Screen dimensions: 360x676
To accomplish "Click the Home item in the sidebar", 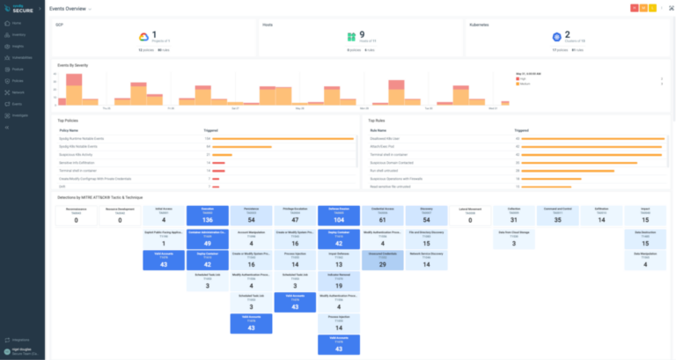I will [x=17, y=22].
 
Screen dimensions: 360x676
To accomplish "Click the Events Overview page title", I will [x=68, y=8].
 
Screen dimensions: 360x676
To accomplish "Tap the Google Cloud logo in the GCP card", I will [x=143, y=37].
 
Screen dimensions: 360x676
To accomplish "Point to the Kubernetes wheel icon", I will [x=556, y=37].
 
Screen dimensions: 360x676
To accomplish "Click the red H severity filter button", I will [x=635, y=8].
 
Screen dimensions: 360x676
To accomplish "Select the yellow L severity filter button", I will [x=654, y=8].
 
